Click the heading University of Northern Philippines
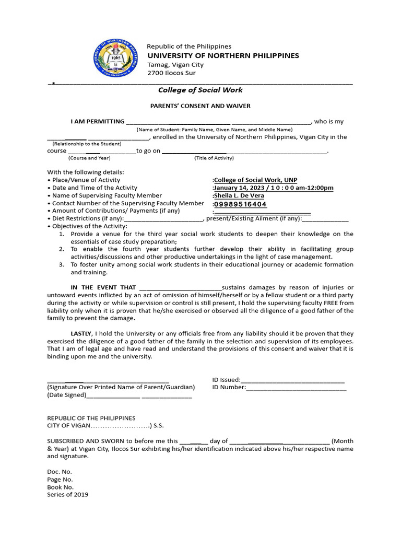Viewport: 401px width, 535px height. pos(223,55)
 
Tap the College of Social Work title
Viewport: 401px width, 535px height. pos(200,90)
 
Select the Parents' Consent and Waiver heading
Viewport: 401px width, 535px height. pos(200,106)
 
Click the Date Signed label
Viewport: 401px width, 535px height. pos(67,396)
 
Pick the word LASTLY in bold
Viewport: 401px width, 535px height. pos(81,333)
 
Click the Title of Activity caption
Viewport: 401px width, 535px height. pos(214,158)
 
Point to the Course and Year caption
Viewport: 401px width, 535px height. pos(89,158)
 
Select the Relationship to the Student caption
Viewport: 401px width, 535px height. pos(87,144)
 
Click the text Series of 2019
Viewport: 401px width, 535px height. pos(68,495)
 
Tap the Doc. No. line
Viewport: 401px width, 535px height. pos(60,471)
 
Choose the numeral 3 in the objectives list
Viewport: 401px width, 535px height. pos(61,265)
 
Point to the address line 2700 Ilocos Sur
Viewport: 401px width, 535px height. pos(170,74)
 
